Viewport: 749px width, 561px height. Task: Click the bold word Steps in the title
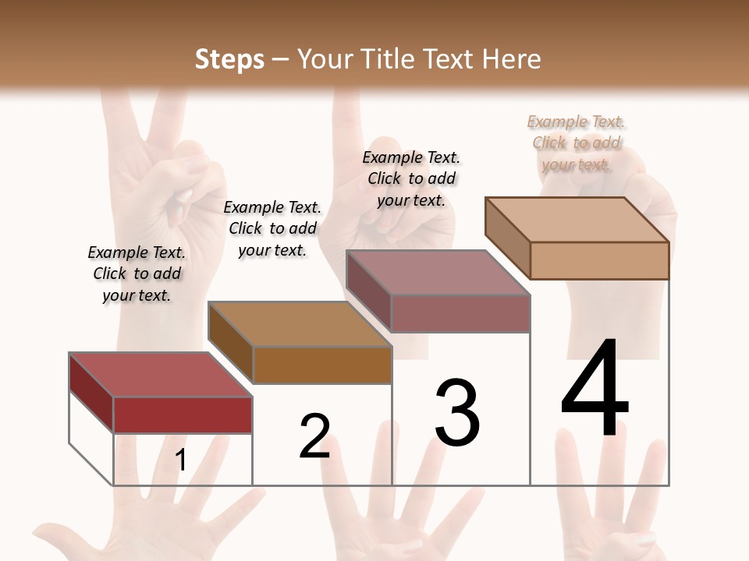coord(229,59)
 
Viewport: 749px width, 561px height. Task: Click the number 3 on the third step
coord(457,413)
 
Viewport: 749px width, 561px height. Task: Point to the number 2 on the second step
coord(315,436)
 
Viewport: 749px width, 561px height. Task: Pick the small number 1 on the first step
coord(181,460)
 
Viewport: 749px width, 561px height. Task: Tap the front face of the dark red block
coord(183,415)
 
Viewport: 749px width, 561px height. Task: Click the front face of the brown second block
coord(322,365)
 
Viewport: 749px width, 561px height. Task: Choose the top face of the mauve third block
coord(438,273)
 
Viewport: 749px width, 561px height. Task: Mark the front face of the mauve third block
coord(460,313)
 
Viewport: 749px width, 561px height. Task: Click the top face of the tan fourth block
coord(577,219)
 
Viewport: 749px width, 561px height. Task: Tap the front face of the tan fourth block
coord(599,260)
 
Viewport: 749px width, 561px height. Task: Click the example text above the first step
coord(137,273)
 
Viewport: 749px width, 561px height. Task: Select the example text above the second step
coord(272,228)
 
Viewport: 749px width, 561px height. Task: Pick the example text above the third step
coord(411,178)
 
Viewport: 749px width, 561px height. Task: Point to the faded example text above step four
coord(577,143)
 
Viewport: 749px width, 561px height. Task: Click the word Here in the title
coord(512,59)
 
